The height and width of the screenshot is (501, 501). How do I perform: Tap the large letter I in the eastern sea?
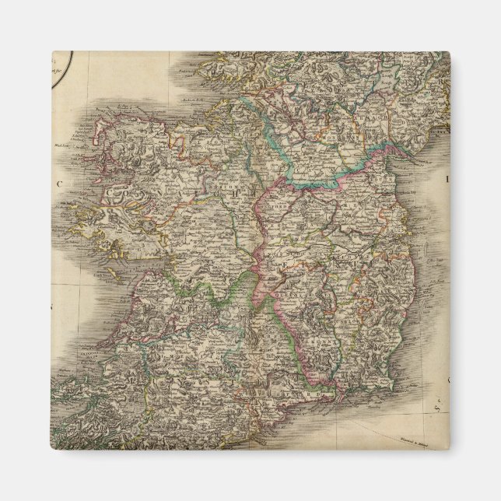447,178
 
